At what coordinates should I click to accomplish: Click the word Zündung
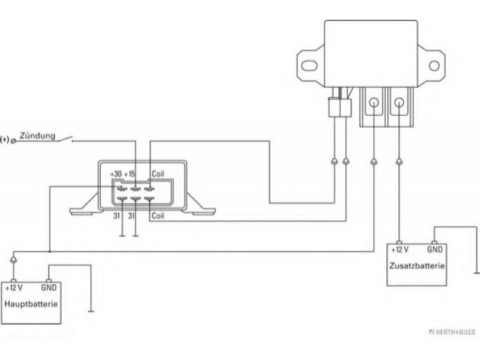(38, 136)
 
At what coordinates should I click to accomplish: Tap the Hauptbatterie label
(31, 304)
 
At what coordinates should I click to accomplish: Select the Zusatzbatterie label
(416, 265)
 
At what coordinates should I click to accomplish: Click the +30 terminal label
(116, 174)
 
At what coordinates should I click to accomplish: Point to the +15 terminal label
(130, 174)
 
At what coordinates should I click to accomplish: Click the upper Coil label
(158, 174)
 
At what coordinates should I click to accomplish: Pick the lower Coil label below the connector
(158, 216)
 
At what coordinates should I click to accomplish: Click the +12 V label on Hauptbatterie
(14, 288)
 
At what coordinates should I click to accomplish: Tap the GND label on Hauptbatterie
(49, 288)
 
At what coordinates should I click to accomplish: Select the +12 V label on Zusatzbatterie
(400, 250)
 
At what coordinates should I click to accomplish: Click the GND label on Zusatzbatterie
(434, 250)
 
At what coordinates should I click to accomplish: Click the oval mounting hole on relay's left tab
(307, 65)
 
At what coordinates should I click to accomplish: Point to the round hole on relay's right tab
(434, 65)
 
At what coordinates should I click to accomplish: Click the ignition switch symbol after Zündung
(65, 139)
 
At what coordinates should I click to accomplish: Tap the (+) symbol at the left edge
(5, 140)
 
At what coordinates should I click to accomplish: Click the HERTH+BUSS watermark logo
(452, 332)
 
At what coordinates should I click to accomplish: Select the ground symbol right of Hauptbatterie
(91, 311)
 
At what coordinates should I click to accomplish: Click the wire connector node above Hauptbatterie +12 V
(13, 260)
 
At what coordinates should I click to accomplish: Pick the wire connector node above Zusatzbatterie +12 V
(399, 161)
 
